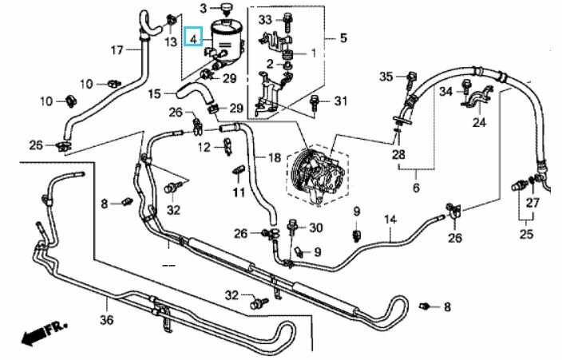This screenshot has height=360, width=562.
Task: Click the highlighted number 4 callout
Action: (x=193, y=37)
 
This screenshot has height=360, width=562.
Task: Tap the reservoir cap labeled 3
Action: (x=227, y=9)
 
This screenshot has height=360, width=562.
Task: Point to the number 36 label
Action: (x=106, y=319)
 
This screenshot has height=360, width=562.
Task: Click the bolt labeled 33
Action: (x=287, y=22)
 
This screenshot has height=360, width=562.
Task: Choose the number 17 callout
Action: (x=117, y=50)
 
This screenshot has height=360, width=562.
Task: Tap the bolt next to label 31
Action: (x=315, y=102)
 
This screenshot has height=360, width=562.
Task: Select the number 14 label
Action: (x=390, y=219)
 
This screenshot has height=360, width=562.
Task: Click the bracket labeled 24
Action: (x=476, y=99)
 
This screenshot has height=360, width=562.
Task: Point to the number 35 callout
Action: (x=386, y=76)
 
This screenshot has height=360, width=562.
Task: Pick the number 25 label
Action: (x=526, y=234)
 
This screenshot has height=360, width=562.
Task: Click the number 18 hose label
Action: (x=275, y=157)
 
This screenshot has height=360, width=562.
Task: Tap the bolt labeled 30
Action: (x=291, y=227)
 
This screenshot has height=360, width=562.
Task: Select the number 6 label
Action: (x=416, y=187)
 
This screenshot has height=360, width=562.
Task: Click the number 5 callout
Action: (x=343, y=38)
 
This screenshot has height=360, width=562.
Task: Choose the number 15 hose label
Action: (x=154, y=94)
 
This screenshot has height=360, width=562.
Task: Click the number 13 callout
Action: (x=171, y=42)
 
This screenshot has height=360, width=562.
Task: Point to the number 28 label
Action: (x=398, y=154)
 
